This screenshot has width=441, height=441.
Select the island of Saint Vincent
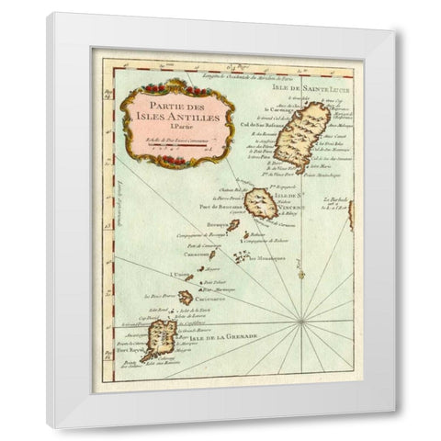[x=261, y=203]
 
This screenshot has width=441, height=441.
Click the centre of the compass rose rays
[x=302, y=321]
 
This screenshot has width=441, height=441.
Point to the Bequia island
[x=234, y=225]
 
